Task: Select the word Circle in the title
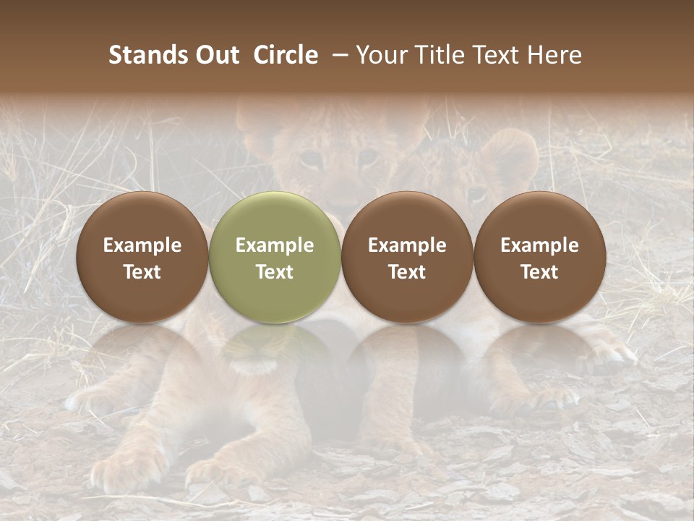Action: click(x=286, y=55)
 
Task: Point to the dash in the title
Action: click(x=337, y=55)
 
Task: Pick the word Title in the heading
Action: click(x=437, y=55)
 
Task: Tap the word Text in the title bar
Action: click(x=494, y=55)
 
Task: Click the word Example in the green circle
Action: click(x=275, y=245)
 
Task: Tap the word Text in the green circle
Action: click(x=275, y=272)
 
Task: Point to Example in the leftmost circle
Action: click(x=142, y=245)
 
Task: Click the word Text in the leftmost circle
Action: click(x=142, y=272)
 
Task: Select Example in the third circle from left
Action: click(x=407, y=245)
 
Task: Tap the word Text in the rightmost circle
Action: click(x=539, y=272)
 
